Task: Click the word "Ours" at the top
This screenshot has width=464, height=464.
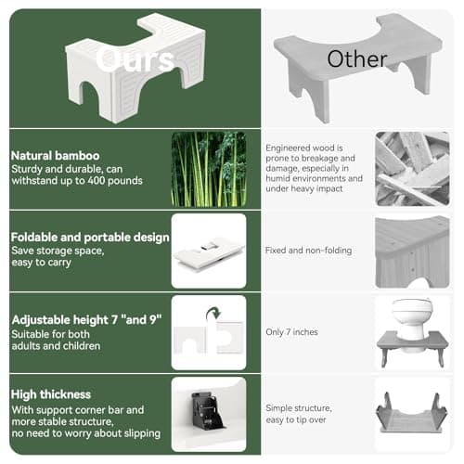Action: [135, 61]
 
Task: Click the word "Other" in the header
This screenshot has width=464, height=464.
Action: [356, 58]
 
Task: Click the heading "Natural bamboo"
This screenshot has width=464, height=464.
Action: [57, 155]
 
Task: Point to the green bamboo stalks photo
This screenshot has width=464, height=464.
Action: [208, 168]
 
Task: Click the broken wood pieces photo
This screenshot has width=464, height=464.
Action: [411, 168]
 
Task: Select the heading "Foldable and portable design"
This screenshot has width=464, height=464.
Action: [90, 237]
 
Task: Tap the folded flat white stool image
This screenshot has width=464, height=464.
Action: [208, 252]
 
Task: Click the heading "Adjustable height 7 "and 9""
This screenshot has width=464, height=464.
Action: [86, 319]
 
